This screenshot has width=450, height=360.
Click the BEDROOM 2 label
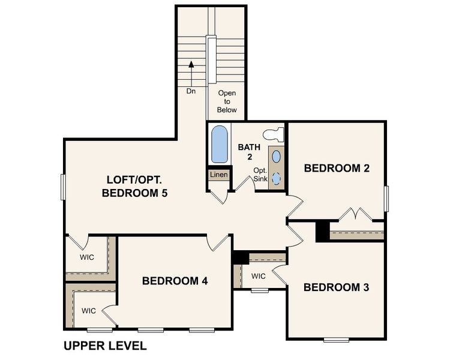pos(336,168)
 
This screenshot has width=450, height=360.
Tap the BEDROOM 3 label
pos(336,287)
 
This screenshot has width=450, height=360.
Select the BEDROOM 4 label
pos(175,281)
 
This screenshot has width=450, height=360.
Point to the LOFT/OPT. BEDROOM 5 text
pos(134,186)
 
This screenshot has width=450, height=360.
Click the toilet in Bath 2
pos(275,133)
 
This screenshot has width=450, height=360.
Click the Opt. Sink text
pos(260,174)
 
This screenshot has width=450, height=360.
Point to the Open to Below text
pos(227,101)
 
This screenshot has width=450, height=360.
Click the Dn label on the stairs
pos(191,92)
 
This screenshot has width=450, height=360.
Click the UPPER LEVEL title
pos(105,346)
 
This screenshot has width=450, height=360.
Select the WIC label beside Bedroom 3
pos(258,277)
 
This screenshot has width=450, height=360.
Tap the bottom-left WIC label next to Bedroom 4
pos(89,311)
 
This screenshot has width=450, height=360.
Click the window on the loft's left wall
pos(63,187)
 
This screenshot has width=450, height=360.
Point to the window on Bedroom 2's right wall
pos(387,199)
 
